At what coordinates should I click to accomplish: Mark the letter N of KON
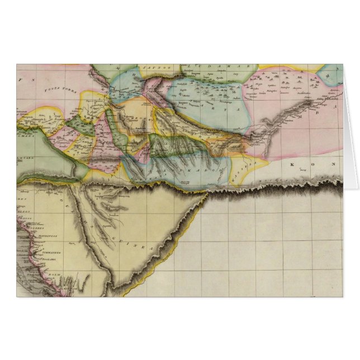332,165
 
